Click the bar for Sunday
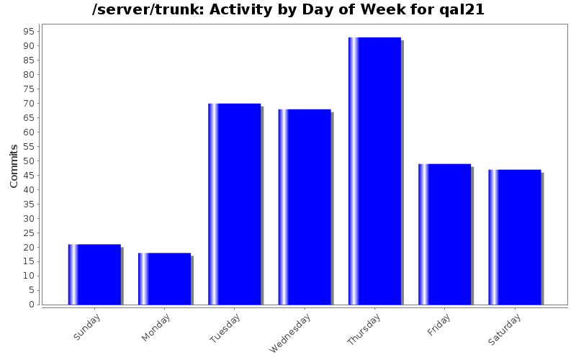pos(94,274)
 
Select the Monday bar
pos(164,279)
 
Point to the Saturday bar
pos(514,237)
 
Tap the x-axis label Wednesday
pos(290,332)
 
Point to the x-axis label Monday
pos(156,327)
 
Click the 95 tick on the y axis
pos(31,31)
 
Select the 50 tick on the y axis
pos(31,161)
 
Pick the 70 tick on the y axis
pos(31,103)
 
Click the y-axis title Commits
pos(14,166)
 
